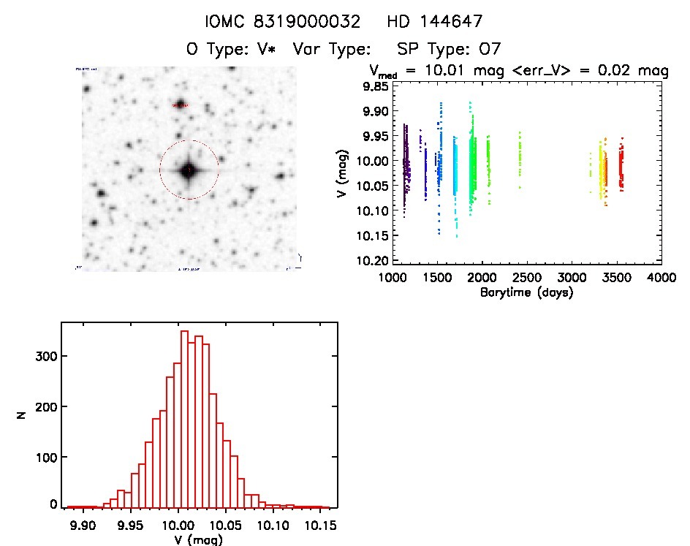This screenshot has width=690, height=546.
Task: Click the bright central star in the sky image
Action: [x=189, y=170]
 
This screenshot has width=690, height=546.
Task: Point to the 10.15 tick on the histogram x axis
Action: [x=319, y=525]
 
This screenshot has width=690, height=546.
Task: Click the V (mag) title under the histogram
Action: [x=200, y=540]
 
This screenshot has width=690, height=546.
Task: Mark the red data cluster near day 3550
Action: [x=621, y=168]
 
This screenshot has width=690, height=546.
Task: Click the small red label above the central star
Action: [x=180, y=106]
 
